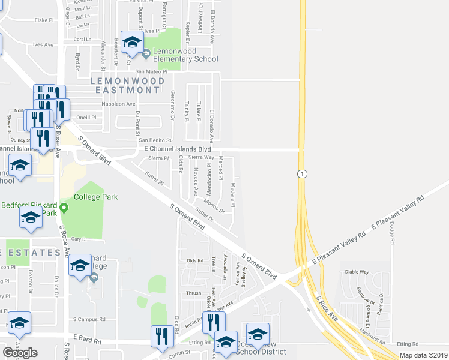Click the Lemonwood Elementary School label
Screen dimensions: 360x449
click(185, 55)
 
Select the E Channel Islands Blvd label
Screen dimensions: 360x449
click(178, 148)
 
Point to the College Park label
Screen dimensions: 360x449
click(96, 197)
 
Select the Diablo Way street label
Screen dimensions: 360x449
click(357, 271)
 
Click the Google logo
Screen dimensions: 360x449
click(20, 353)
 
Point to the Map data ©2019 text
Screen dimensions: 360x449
click(423, 355)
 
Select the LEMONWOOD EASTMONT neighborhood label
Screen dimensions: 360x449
click(128, 85)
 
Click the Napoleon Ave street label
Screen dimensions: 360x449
click(119, 104)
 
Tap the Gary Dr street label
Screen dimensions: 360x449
click(79, 239)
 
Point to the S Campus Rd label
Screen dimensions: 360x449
click(89, 319)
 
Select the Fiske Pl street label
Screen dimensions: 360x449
click(45, 20)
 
